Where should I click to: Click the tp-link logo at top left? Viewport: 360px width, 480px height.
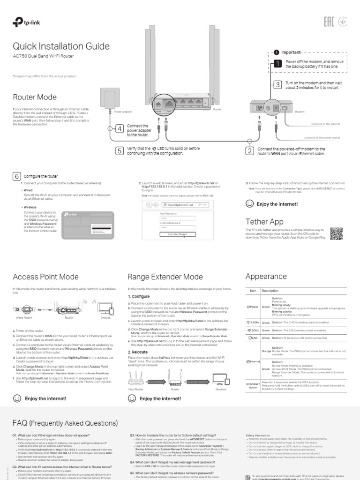23,22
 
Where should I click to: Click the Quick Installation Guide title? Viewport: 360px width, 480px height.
61,46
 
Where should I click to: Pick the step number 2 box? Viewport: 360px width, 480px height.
250,150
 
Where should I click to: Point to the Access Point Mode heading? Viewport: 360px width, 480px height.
45,277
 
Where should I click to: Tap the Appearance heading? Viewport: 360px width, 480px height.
266,277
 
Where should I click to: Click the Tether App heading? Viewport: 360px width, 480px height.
264,221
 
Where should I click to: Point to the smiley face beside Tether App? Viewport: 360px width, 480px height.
249,204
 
